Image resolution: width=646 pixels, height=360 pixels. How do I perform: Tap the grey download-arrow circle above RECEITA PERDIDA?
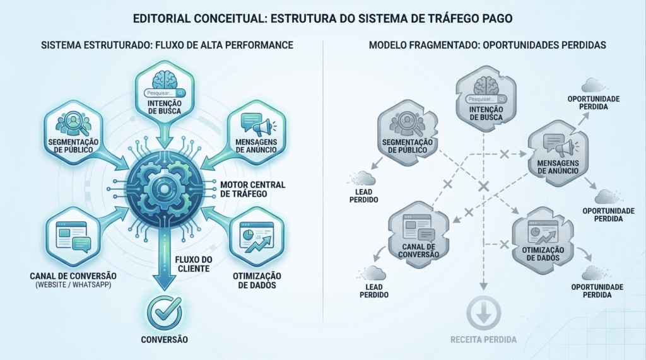(483, 313)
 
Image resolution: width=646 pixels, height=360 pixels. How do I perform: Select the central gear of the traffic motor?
(164, 189)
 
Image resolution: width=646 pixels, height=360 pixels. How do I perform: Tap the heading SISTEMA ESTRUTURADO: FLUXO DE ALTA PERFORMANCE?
(167, 47)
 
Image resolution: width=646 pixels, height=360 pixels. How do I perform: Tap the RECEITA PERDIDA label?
(483, 340)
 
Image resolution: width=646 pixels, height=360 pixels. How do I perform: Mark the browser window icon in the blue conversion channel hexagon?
(66, 236)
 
